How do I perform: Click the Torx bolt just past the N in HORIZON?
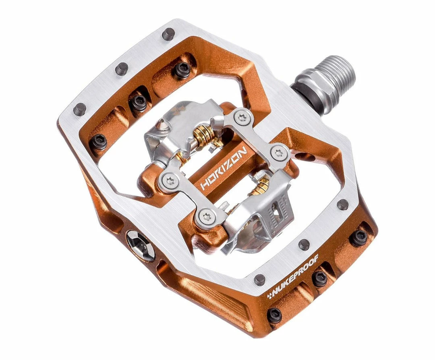[279, 152]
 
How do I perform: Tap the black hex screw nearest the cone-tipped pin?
[139, 103]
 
